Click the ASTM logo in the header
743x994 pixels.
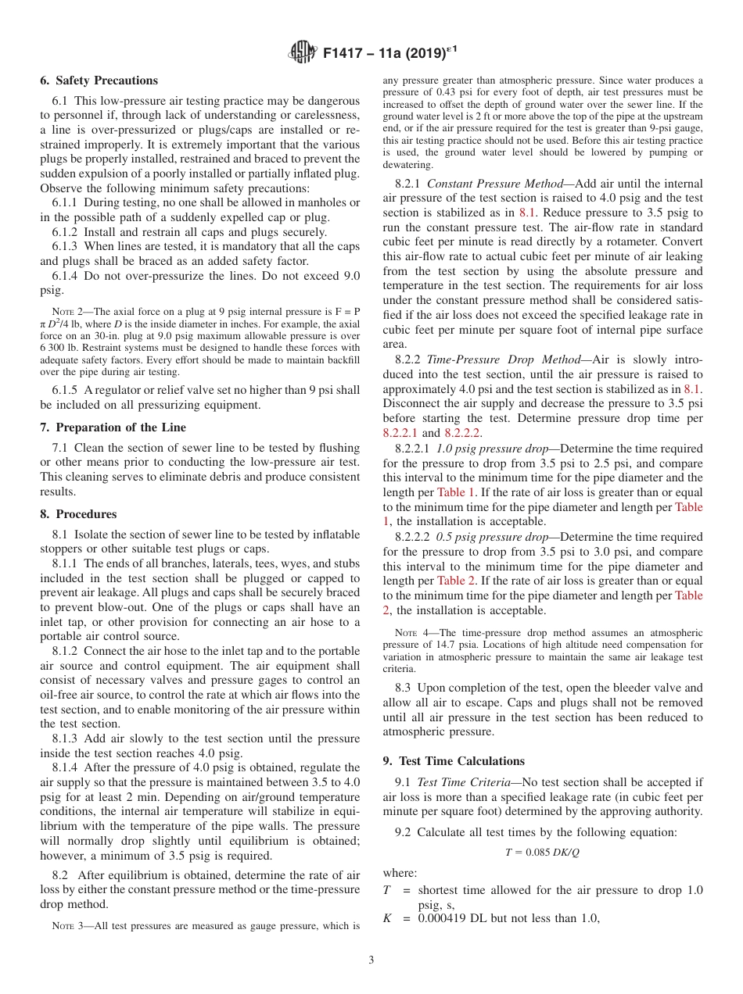click(x=302, y=52)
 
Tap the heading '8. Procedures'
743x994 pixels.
click(x=78, y=514)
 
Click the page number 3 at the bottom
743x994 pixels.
click(x=371, y=960)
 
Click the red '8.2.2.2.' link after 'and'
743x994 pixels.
click(x=463, y=433)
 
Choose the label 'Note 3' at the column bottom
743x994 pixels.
click(x=66, y=927)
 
